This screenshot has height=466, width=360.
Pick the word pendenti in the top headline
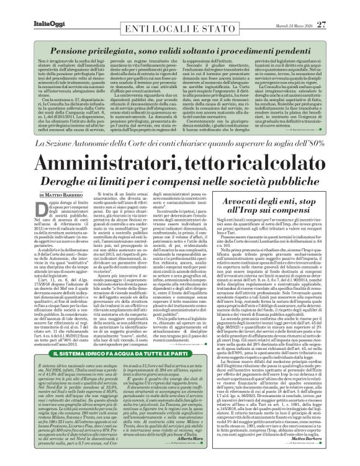(x=297, y=49)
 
